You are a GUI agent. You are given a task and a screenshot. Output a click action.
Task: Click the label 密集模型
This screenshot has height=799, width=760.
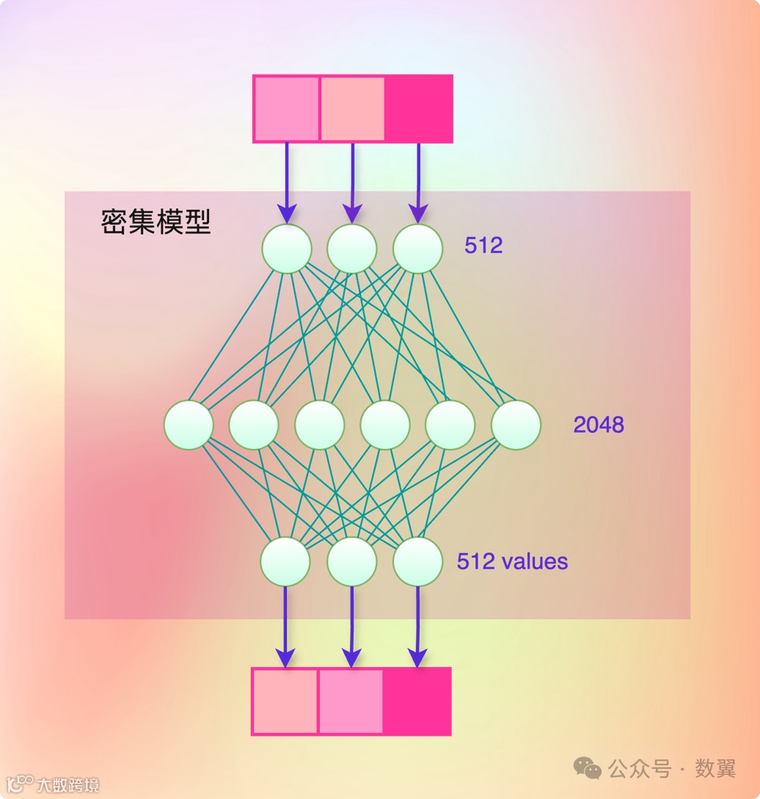pyautogui.click(x=156, y=222)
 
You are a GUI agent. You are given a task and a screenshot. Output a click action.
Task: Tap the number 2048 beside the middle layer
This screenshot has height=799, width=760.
pyautogui.click(x=599, y=424)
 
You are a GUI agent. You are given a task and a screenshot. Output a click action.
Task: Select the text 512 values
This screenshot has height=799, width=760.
pyautogui.click(x=512, y=561)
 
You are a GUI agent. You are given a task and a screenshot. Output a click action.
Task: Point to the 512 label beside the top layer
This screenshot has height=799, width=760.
pyautogui.click(x=483, y=245)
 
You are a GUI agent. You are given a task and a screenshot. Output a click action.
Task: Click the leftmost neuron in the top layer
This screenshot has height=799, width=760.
pyautogui.click(x=287, y=249)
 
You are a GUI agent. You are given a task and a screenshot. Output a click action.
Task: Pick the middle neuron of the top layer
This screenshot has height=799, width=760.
pyautogui.click(x=352, y=249)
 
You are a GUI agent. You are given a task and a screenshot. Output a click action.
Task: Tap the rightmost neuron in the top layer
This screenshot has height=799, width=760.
pyautogui.click(x=418, y=249)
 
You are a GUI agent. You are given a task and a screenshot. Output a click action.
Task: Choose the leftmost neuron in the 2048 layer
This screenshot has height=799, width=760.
pyautogui.click(x=189, y=425)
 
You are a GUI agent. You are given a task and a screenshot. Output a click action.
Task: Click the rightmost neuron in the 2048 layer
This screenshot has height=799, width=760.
pyautogui.click(x=516, y=425)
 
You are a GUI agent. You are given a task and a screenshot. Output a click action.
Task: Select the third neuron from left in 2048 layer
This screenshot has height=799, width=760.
pyautogui.click(x=320, y=425)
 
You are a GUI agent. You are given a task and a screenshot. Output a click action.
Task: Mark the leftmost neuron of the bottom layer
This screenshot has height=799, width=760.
pyautogui.click(x=285, y=561)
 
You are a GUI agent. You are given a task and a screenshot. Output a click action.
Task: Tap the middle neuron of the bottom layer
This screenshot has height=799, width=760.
pyautogui.click(x=352, y=561)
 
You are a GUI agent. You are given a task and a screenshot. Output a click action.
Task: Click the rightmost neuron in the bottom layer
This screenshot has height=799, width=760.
pyautogui.click(x=418, y=561)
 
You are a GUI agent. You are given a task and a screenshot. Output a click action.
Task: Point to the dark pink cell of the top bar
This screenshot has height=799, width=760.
pyautogui.click(x=418, y=109)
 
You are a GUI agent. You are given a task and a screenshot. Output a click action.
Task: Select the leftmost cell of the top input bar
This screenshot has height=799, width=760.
pyautogui.click(x=287, y=109)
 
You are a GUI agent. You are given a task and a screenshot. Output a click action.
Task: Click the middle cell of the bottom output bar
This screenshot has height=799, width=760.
pyautogui.click(x=350, y=701)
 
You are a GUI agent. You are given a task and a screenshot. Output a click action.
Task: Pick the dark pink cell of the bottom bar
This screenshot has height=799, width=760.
pyautogui.click(x=416, y=701)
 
